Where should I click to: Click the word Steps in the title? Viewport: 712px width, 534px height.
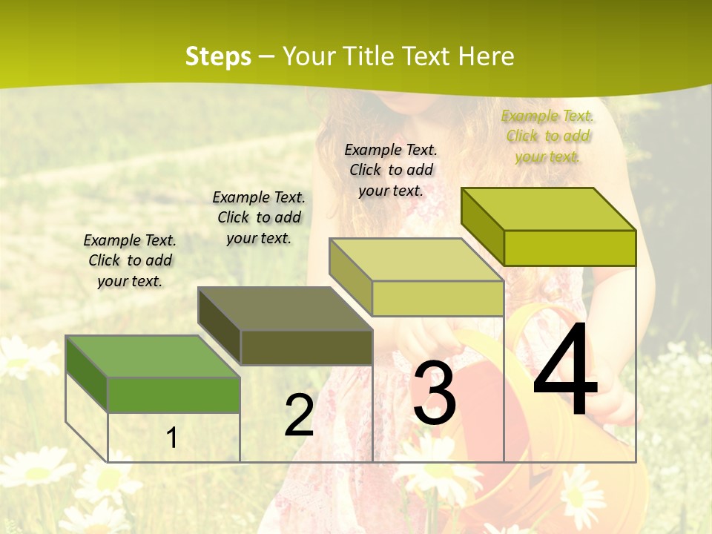(x=218, y=56)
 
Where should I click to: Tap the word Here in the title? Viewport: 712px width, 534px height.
(x=486, y=56)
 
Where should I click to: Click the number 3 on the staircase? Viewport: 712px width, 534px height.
(x=434, y=393)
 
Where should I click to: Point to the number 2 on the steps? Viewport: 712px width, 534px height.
(x=299, y=415)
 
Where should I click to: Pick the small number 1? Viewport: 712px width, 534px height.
(x=172, y=438)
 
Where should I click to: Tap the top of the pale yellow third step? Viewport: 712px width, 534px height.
(x=416, y=260)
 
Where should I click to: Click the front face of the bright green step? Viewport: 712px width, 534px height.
(x=174, y=395)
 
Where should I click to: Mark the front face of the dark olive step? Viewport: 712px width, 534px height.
(x=306, y=347)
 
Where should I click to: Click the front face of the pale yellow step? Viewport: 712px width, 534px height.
(x=438, y=299)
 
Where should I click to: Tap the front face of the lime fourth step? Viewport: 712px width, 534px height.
(x=570, y=248)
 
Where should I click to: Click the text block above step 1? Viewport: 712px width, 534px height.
(x=130, y=260)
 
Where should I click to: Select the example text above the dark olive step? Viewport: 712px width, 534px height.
(x=259, y=217)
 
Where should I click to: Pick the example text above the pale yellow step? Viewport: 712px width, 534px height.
(x=391, y=170)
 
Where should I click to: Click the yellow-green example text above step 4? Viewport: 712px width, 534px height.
(x=547, y=136)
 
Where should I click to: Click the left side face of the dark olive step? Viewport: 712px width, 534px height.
(x=220, y=326)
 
